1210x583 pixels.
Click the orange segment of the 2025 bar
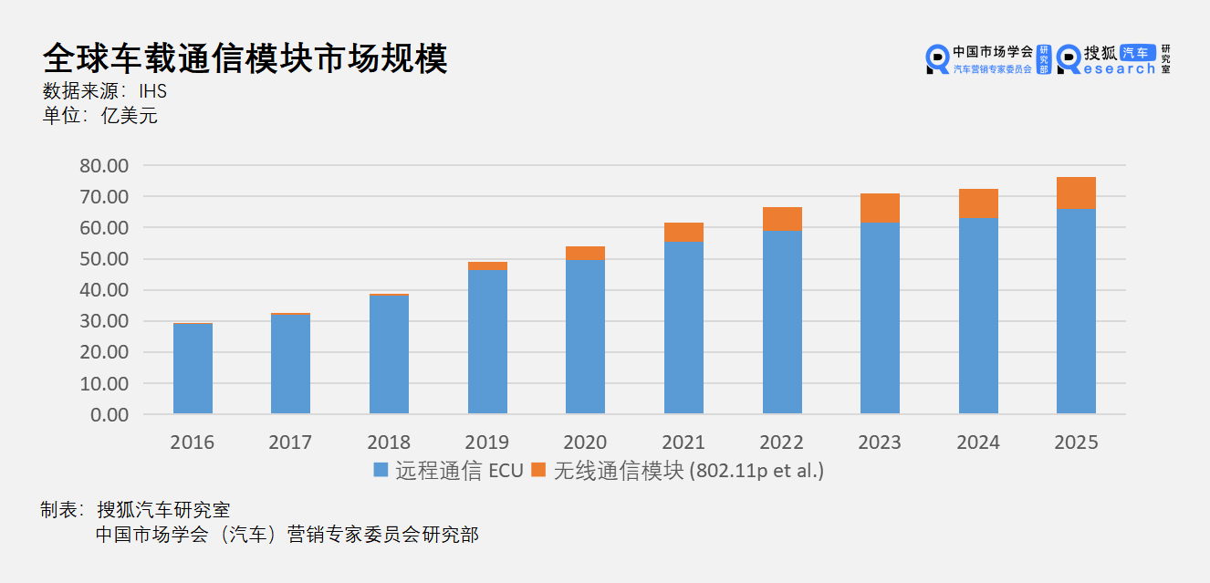1076,193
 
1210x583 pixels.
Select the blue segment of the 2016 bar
193,369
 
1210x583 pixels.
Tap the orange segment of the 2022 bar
782,219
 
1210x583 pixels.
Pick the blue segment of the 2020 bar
585,337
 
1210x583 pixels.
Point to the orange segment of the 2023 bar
881,208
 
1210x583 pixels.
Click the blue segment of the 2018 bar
389,354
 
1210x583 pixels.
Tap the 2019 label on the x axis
486,442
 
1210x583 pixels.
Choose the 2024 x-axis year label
977,442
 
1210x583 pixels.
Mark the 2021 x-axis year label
683,442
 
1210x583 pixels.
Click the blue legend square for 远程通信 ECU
381,471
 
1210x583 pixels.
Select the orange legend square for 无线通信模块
538,471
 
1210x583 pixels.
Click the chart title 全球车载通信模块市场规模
245,57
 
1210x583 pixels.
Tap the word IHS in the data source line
152,91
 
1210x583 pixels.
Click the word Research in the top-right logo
1118,68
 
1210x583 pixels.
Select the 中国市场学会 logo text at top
992,53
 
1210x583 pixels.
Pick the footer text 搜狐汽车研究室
163,510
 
